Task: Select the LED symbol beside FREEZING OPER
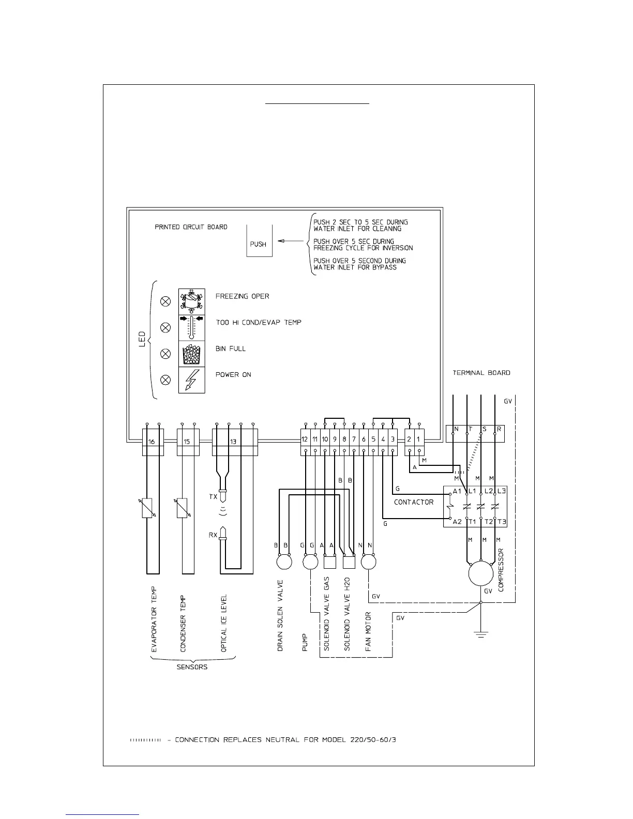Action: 165,301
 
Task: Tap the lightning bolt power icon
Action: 191,380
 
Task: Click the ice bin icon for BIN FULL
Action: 191,354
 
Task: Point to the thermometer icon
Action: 191,327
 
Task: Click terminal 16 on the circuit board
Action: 153,442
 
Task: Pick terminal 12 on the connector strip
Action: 305,439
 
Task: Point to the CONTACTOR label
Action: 414,502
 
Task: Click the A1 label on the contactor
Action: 457,491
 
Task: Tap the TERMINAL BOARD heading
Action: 481,373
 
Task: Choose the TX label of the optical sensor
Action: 213,497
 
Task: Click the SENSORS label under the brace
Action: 192,667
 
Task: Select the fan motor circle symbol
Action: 368,562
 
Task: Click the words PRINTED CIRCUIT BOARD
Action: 191,227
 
